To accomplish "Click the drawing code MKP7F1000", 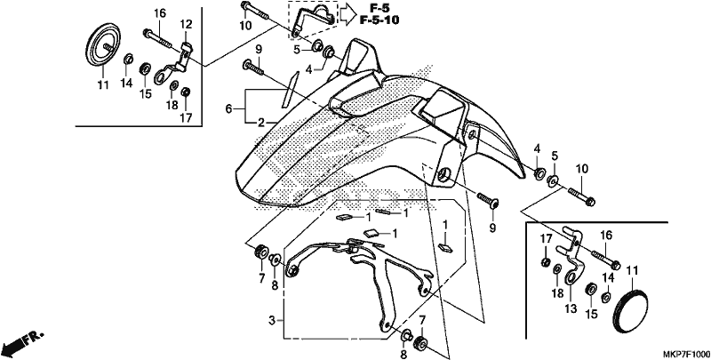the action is point(685,354).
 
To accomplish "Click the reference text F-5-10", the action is point(379,20).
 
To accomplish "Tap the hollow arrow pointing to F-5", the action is point(348,14).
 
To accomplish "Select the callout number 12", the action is point(187,24).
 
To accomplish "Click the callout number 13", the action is point(571,308).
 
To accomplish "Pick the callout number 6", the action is point(228,108).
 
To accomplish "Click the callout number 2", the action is point(261,122).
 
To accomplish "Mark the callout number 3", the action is point(272,321).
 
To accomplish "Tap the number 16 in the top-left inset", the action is point(160,13).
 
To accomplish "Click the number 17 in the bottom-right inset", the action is point(546,238).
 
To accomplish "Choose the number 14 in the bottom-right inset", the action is point(608,278).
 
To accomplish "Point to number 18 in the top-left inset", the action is point(172,105).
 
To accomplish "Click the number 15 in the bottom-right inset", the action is point(591,313).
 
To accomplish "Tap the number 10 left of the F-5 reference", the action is point(245,26).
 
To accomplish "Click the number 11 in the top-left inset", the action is point(103,84).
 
